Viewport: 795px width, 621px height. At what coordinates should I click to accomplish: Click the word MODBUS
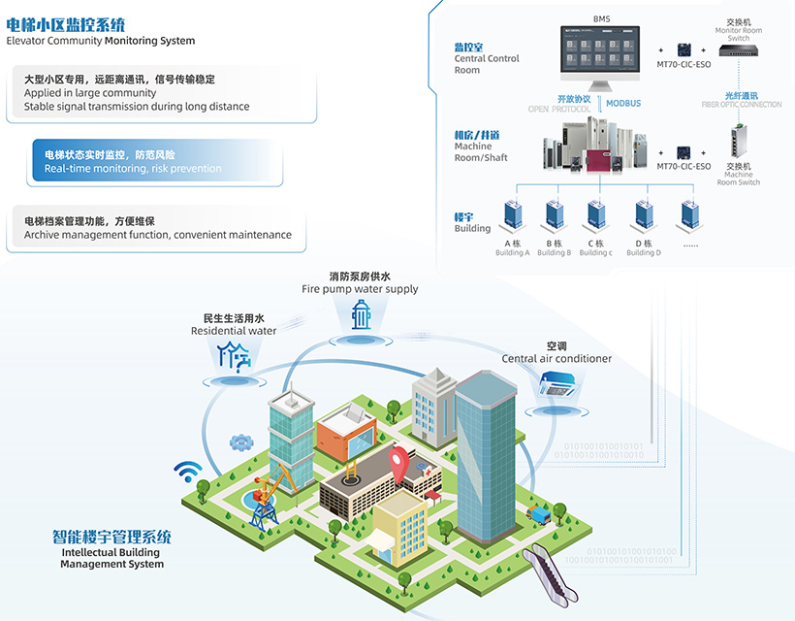tap(623, 103)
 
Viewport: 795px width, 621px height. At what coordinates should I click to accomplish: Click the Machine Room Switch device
tap(738, 143)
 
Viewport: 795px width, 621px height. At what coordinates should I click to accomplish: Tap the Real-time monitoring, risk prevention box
tap(157, 162)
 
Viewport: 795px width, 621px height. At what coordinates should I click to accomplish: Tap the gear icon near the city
tap(239, 442)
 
